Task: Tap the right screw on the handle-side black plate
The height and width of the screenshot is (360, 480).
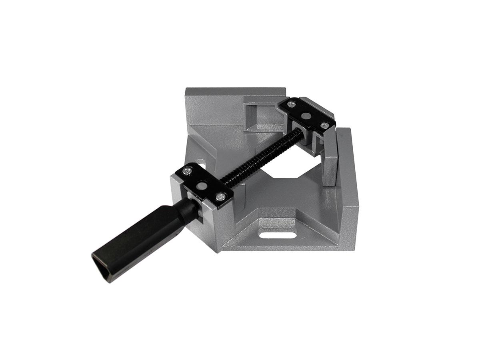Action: coord(221,196)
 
